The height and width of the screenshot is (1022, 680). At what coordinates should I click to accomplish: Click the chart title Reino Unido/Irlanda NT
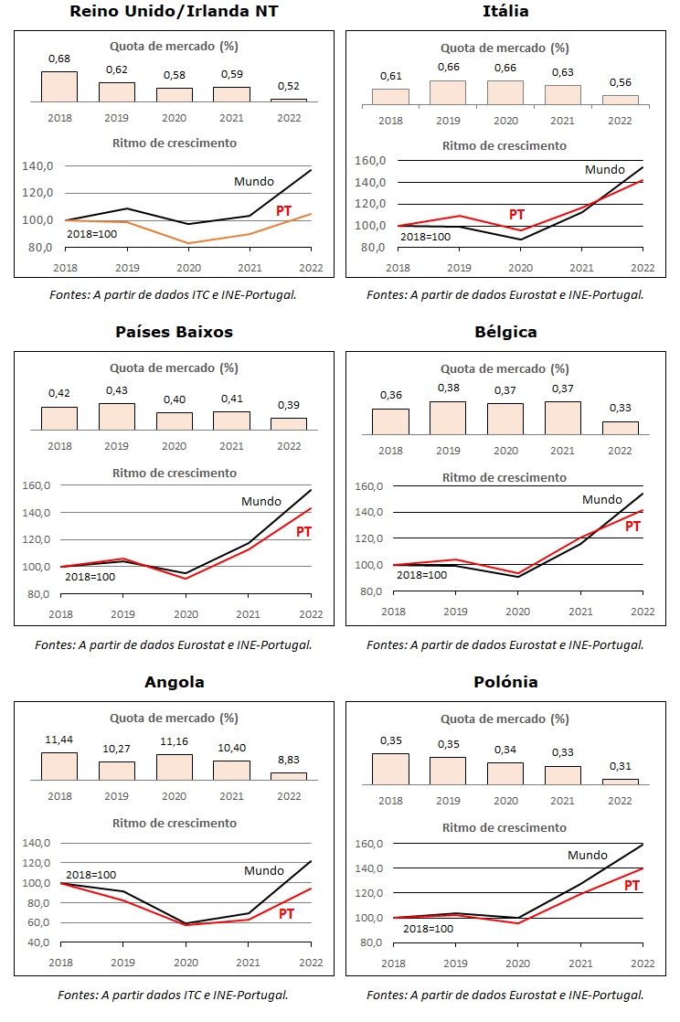coord(174,11)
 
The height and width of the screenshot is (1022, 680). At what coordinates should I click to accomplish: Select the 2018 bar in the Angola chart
coord(59,766)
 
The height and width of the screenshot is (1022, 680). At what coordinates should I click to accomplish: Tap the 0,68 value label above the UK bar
coord(59,59)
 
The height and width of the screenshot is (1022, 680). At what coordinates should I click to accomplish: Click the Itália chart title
coord(505,11)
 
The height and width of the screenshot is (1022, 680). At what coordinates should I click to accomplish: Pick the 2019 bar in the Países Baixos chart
coord(117,416)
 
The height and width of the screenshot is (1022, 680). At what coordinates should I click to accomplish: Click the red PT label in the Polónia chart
coord(632,885)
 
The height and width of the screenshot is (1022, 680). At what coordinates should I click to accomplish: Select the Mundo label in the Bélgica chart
coord(602,499)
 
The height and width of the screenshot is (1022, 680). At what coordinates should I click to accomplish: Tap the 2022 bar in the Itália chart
coord(620,100)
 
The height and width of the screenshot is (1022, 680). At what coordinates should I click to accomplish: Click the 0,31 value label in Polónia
coord(620,766)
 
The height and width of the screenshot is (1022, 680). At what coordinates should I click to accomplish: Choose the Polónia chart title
coord(505,682)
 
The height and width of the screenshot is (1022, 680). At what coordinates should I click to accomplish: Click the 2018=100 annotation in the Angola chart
coord(90,875)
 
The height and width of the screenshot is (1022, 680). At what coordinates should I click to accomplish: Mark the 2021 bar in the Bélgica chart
coord(562,417)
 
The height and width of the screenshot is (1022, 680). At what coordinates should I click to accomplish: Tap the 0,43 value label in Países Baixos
coord(117,391)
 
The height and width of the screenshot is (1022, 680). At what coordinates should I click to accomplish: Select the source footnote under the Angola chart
coord(174,995)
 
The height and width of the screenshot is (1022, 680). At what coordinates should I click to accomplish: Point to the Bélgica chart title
coord(505,332)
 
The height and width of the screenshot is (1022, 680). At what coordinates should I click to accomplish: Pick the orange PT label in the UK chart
coord(284,211)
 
